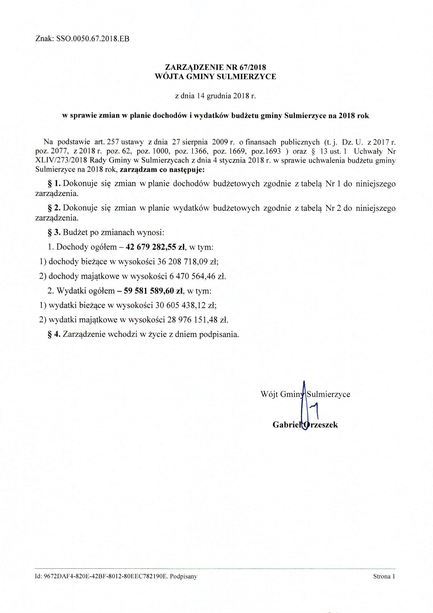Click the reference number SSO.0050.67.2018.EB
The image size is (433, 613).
click(93, 39)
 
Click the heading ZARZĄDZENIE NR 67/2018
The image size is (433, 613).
click(216, 67)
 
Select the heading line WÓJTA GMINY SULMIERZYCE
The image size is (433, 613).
click(216, 77)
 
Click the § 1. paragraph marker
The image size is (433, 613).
click(54, 184)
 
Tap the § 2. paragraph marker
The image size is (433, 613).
click(54, 208)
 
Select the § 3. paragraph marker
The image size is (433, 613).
click(54, 232)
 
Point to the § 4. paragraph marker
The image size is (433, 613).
click(54, 334)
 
